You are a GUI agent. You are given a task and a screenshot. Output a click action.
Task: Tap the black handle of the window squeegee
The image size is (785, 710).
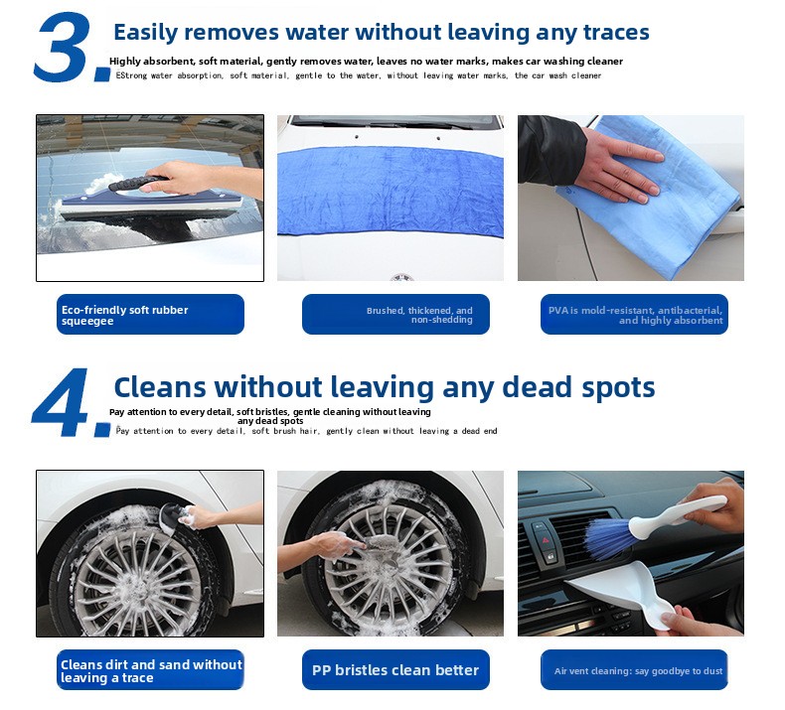[x=139, y=183]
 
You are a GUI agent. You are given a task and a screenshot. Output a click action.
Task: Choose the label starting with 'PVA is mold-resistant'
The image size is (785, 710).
[x=635, y=315]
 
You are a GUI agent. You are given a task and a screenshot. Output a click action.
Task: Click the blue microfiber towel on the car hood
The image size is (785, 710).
[x=391, y=191]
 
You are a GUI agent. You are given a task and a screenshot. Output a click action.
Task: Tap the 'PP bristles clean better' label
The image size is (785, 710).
[x=395, y=670]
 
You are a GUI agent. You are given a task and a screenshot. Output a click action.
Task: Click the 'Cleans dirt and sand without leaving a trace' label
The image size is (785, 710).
[x=151, y=671]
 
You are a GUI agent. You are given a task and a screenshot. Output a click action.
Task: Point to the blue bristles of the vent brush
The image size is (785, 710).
[x=609, y=539]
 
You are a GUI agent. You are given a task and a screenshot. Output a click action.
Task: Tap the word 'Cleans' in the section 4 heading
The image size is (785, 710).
[x=160, y=387]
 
